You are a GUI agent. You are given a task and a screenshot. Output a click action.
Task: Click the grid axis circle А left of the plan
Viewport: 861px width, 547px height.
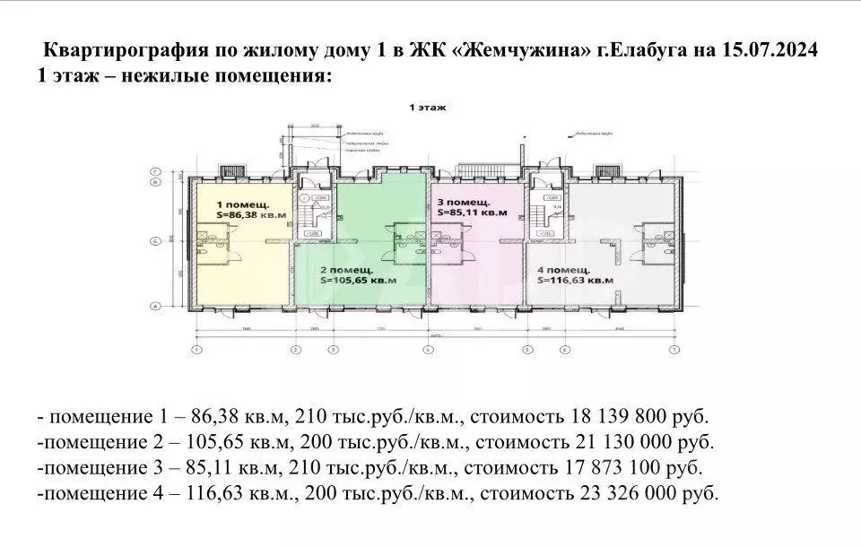pos(155,307)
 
